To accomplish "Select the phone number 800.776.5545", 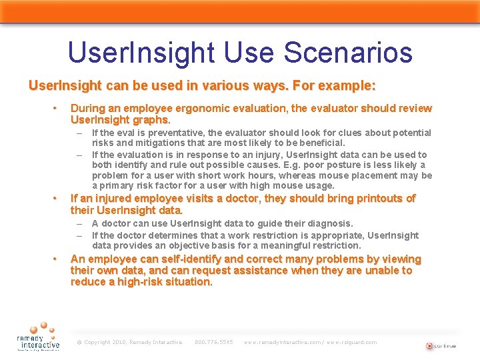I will (x=213, y=343).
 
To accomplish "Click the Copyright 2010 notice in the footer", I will (x=129, y=343).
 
